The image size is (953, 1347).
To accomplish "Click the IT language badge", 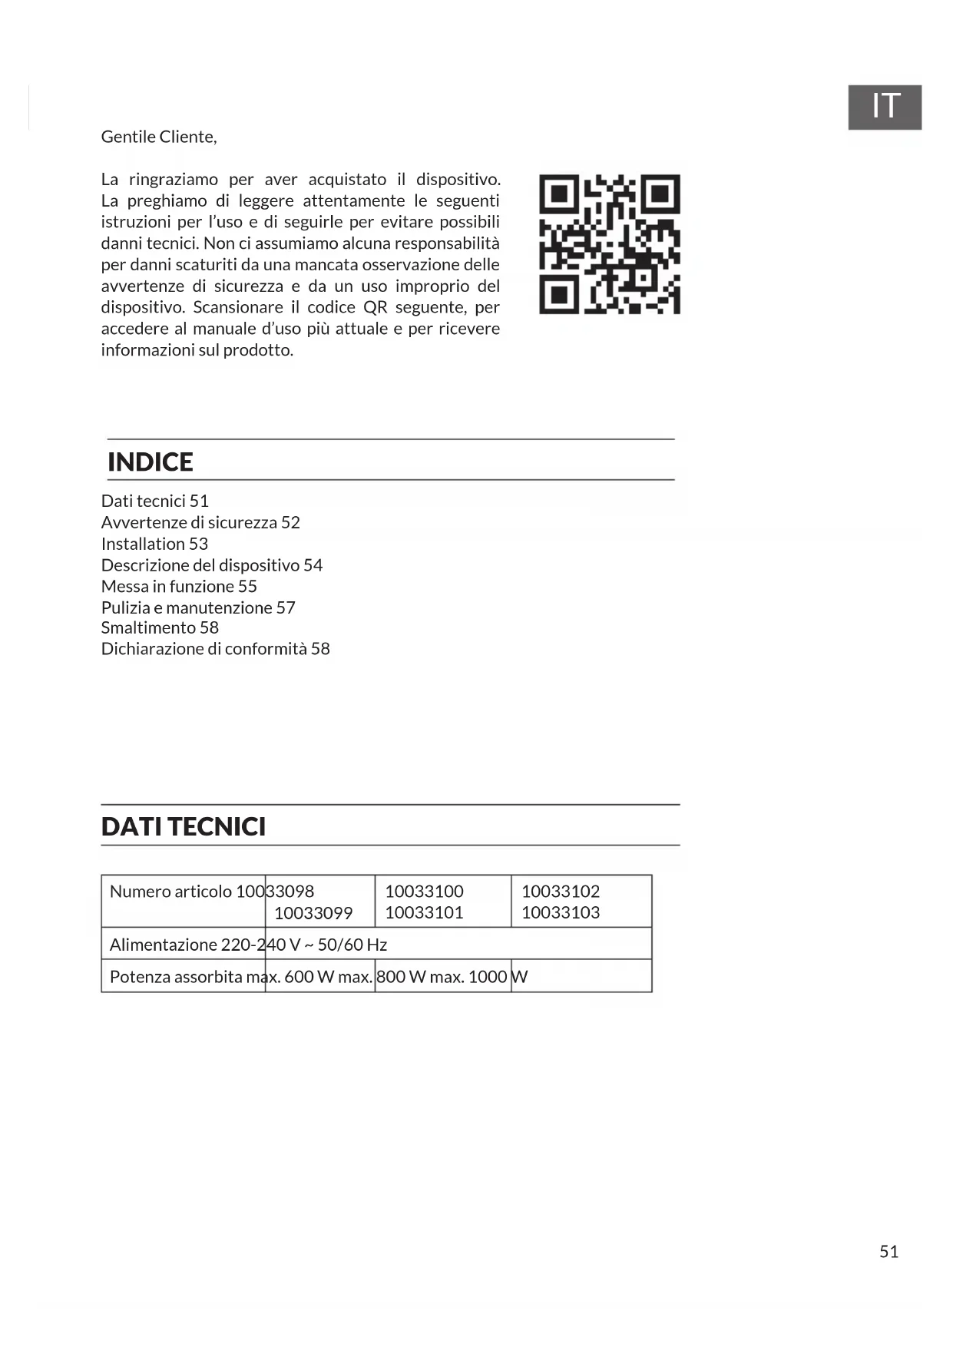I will click(884, 107).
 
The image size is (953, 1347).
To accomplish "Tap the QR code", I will click(609, 244).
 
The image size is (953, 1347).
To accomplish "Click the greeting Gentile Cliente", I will click(159, 137).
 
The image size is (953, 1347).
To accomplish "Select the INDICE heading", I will click(151, 462).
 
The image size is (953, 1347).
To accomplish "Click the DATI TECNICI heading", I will click(184, 826).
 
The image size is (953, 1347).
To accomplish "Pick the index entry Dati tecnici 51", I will click(155, 501).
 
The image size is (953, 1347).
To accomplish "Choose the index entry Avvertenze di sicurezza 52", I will click(200, 522).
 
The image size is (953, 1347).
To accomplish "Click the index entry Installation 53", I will click(154, 544).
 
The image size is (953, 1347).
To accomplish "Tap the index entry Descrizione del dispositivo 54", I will click(212, 565).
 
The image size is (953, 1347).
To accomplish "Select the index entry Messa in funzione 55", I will click(179, 586).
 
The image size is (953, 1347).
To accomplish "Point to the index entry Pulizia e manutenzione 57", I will click(198, 607).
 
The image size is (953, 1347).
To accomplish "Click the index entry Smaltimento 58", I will click(160, 627).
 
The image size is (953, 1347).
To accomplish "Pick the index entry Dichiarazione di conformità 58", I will click(215, 649).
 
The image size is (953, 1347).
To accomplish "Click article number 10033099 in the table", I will click(313, 913).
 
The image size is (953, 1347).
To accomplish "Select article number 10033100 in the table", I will click(424, 892).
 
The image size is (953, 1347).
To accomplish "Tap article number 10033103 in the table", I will click(561, 912).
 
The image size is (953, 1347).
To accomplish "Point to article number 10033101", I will click(424, 912).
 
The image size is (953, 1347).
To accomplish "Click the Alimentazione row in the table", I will click(248, 945).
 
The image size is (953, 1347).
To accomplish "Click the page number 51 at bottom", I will click(888, 1251).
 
